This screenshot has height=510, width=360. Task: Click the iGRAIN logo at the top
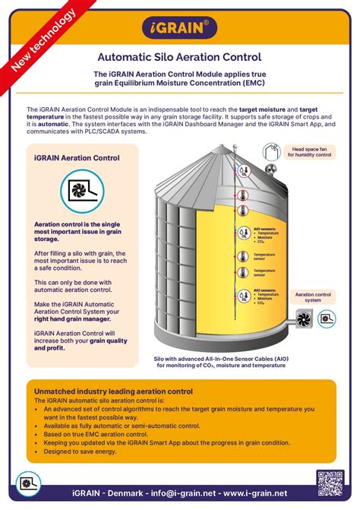tap(179, 28)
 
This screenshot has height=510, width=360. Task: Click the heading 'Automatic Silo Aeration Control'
tap(179, 56)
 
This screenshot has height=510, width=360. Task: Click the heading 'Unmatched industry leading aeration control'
tap(113, 391)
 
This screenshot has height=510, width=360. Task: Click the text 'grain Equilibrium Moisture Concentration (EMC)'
tap(179, 83)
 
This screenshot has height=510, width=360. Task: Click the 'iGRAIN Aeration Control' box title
tap(77, 158)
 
